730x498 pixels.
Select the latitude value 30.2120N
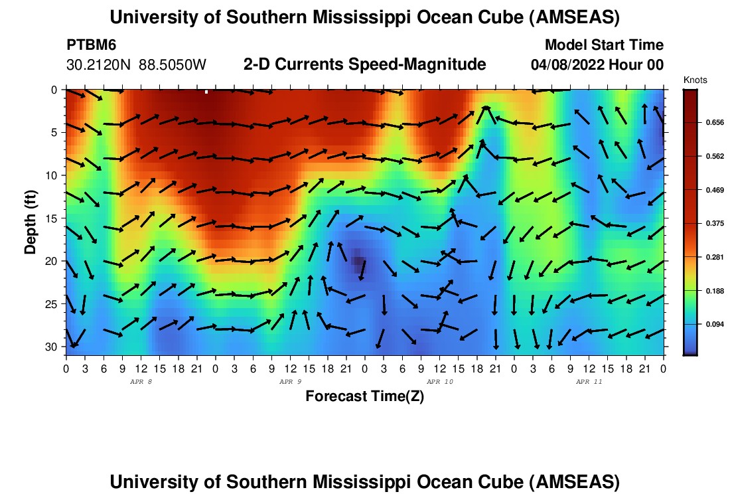(100, 65)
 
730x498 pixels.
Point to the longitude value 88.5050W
(173, 65)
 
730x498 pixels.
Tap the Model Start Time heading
(603, 45)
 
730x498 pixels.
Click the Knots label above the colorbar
(695, 80)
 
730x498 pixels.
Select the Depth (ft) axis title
(30, 218)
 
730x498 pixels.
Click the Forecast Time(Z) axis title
(364, 396)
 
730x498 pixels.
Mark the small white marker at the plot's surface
(206, 92)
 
